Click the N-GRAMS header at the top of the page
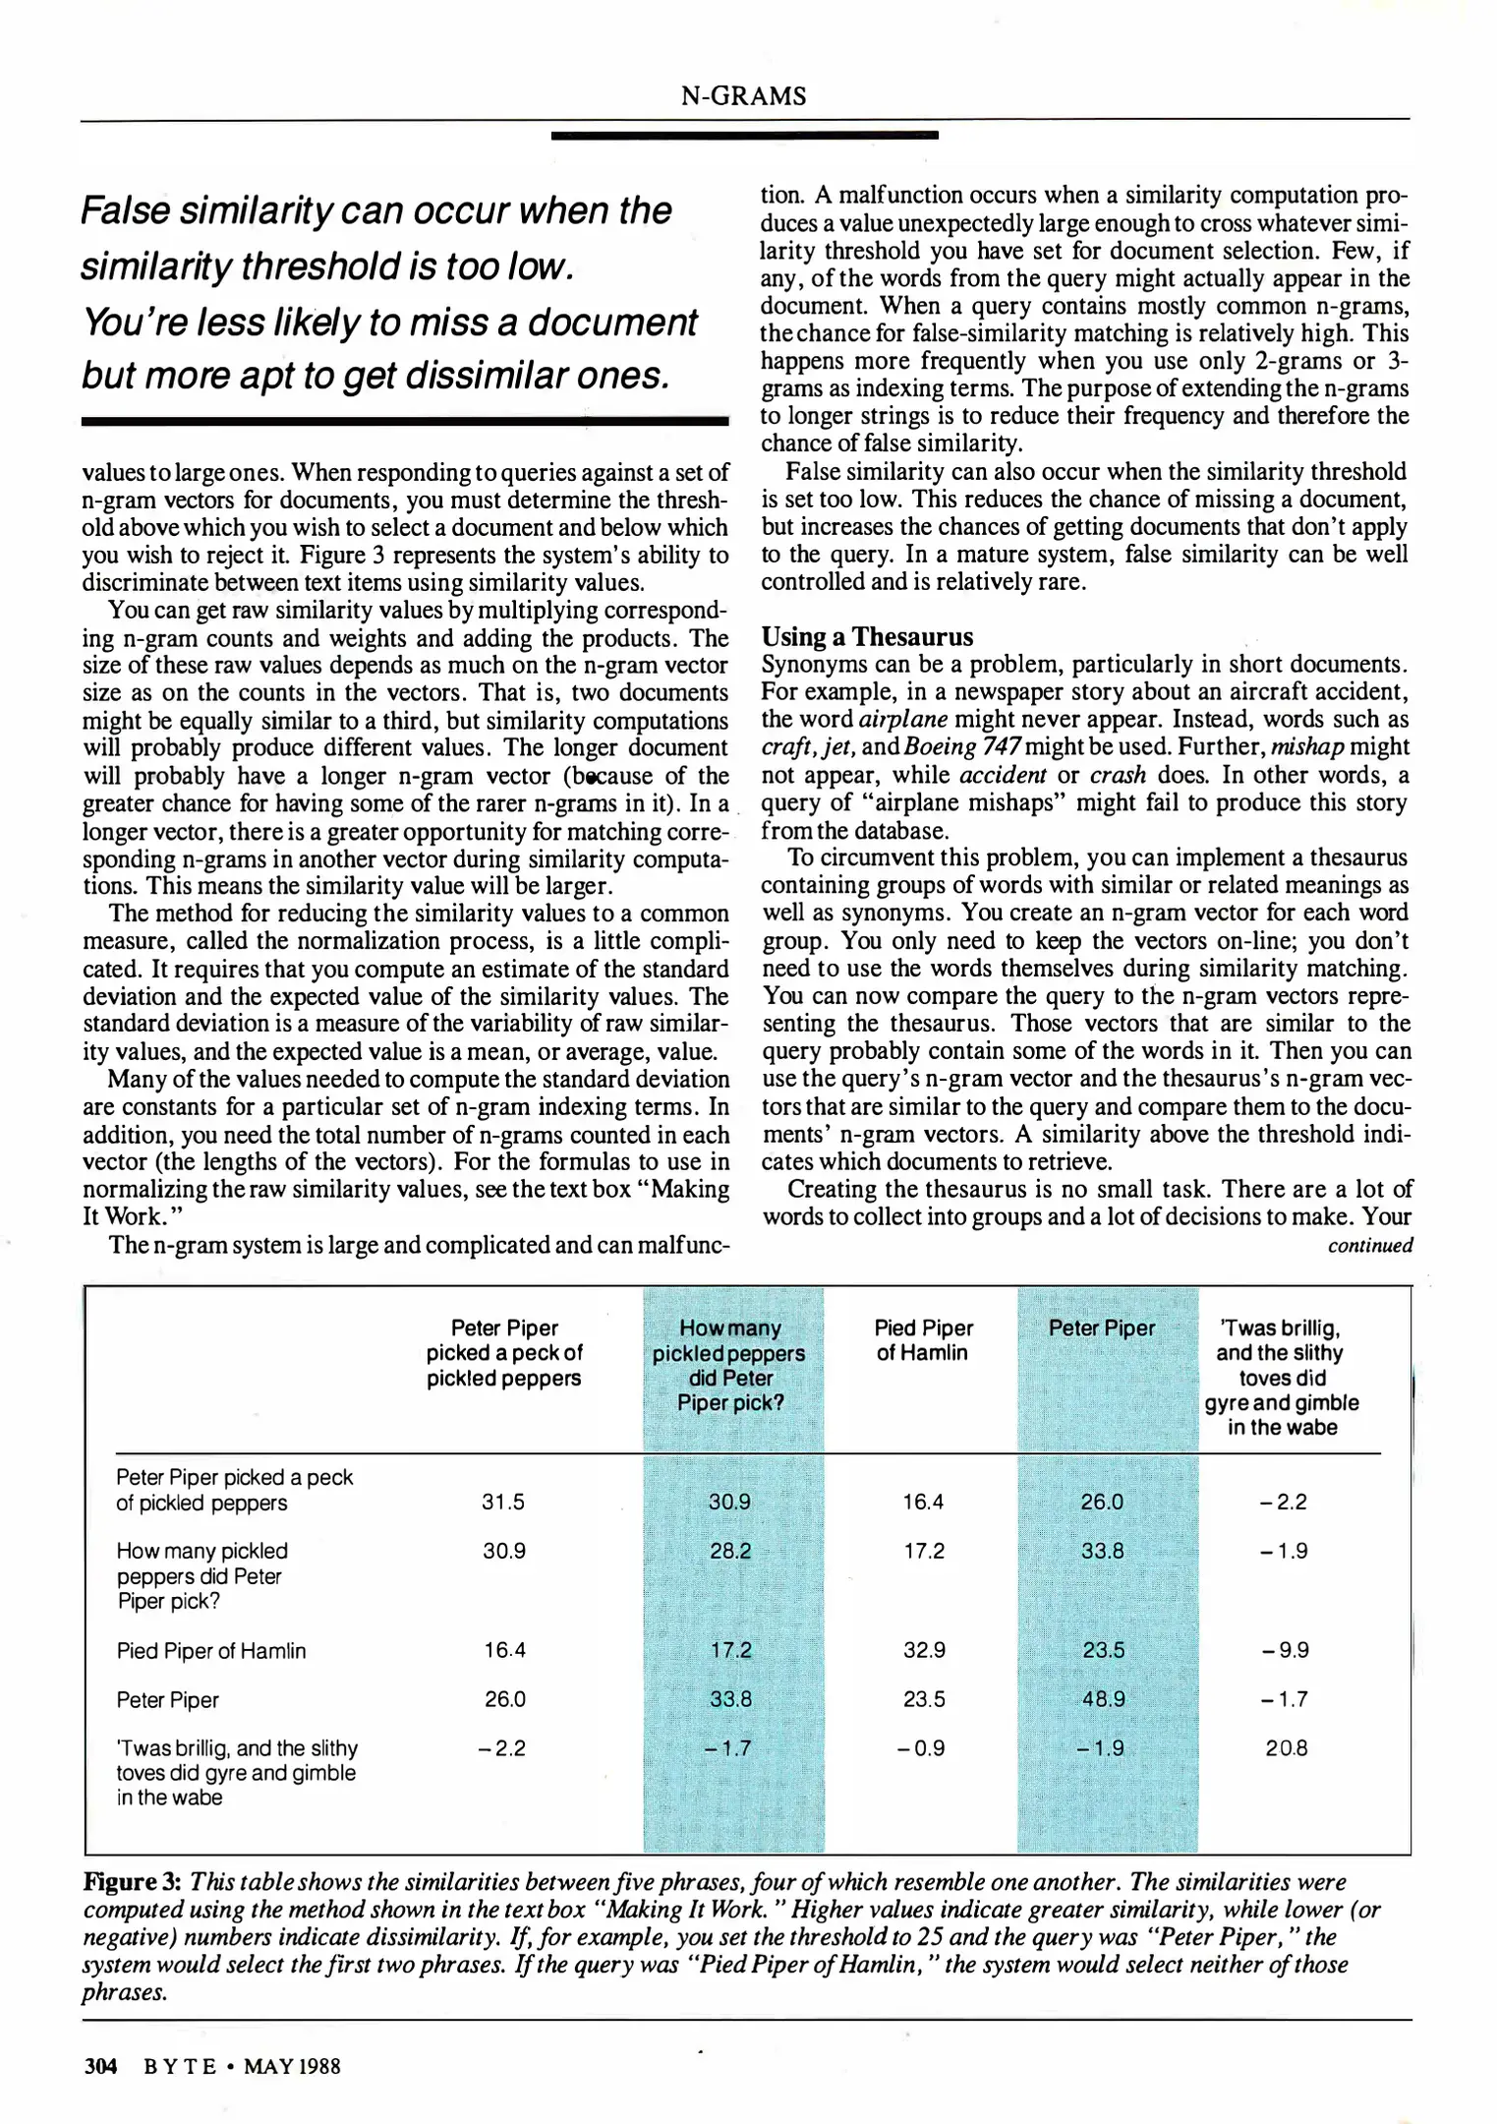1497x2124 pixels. click(x=743, y=96)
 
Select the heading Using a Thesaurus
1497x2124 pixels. click(x=867, y=636)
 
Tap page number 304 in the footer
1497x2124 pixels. click(x=100, y=2066)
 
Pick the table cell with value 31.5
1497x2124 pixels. click(x=503, y=1502)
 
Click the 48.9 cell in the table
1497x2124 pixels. click(x=1103, y=1699)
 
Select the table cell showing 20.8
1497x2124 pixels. click(x=1286, y=1748)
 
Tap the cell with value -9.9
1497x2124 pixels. click(x=1285, y=1650)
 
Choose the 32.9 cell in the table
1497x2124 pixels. click(x=924, y=1650)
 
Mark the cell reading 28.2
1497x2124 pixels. click(x=730, y=1551)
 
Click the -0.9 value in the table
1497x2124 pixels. click(x=923, y=1748)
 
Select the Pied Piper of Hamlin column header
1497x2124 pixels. click(x=923, y=1340)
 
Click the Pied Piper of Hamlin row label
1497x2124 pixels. click(x=211, y=1651)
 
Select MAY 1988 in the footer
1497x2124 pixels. click(x=292, y=2066)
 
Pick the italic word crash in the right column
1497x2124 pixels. click(x=1119, y=775)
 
